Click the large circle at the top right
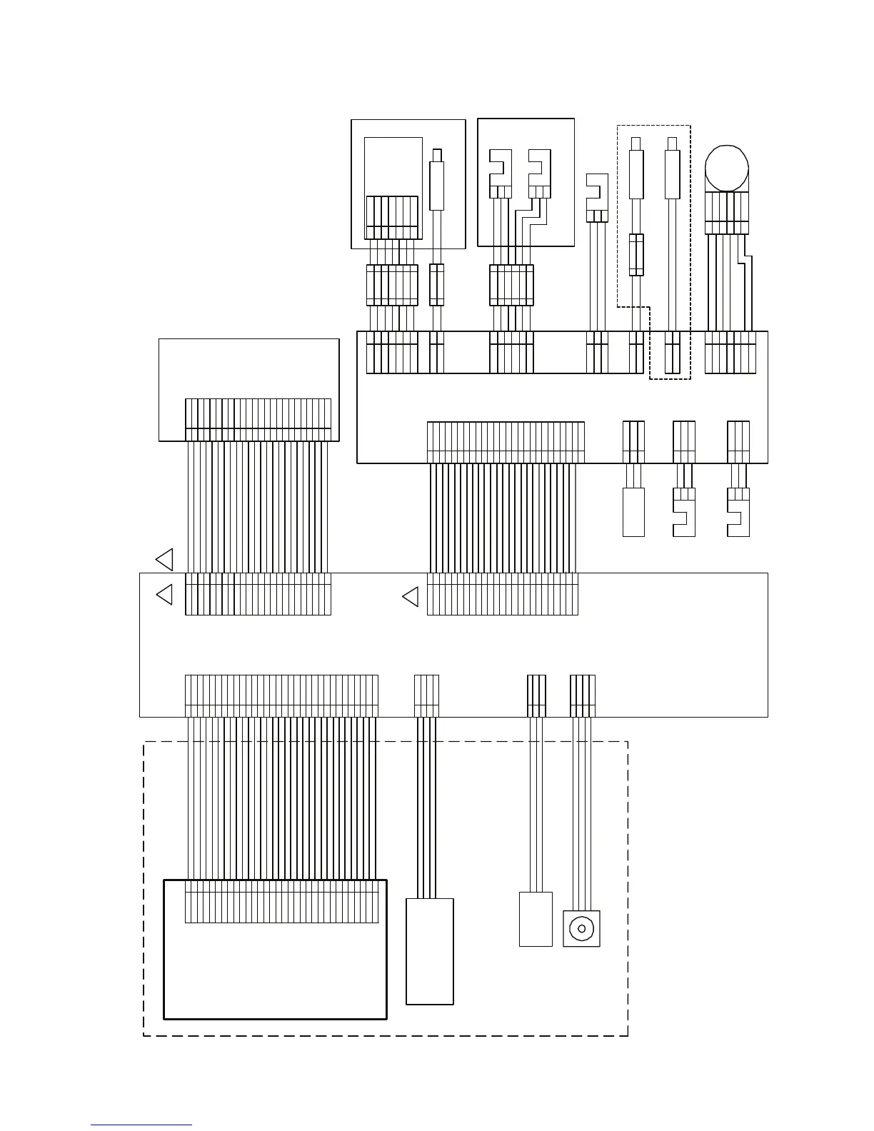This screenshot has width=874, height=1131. click(726, 169)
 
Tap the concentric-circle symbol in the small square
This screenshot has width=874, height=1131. click(581, 928)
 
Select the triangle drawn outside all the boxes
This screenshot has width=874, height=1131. click(165, 559)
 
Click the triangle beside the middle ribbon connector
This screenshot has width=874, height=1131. click(411, 596)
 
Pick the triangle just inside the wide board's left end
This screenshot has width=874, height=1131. click(165, 594)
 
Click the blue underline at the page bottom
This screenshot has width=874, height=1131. click(141, 1125)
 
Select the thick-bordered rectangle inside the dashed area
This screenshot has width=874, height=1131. click(275, 949)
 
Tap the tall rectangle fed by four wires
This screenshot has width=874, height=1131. click(430, 951)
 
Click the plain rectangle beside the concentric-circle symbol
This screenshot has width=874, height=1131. click(536, 919)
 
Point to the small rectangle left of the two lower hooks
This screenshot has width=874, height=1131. click(633, 512)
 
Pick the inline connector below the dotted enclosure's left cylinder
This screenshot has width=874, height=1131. click(636, 254)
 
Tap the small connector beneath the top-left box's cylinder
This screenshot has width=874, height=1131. click(436, 285)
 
